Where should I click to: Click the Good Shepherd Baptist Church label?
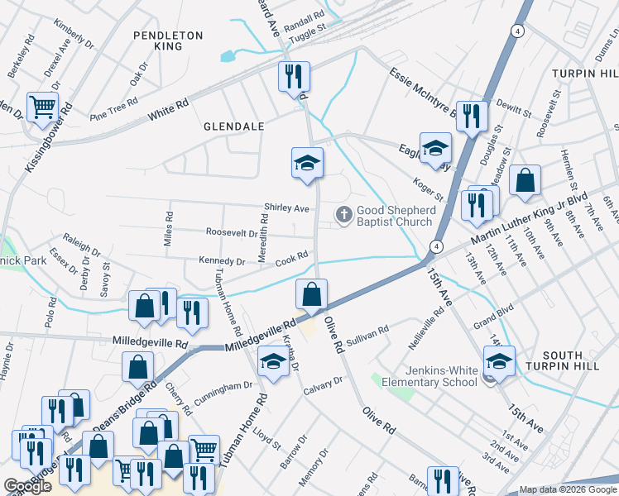395,217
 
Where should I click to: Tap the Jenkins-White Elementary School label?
429,375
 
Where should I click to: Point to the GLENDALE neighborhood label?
234,126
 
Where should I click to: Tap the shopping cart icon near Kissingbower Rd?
42,107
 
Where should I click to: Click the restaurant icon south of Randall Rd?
294,77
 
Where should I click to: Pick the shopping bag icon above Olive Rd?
311,293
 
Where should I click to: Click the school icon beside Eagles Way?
434,148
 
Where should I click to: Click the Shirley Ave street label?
286,208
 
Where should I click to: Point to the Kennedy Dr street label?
222,262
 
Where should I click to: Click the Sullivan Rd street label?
368,333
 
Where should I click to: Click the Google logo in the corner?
27,487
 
